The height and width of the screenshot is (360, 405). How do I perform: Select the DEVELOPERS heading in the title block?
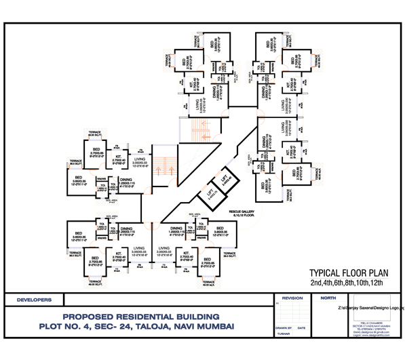click(x=34, y=299)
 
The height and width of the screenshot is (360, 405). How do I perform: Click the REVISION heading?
click(x=292, y=298)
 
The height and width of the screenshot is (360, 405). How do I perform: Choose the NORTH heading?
click(x=328, y=298)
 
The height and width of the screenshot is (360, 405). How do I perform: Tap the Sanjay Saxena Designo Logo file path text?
click(x=370, y=307)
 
